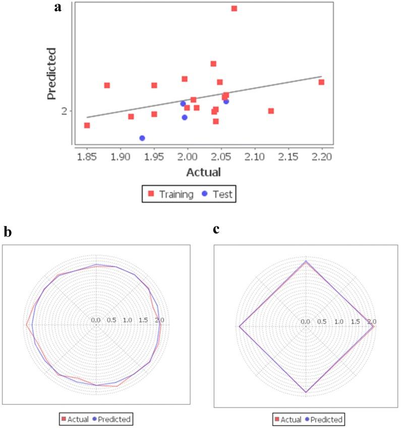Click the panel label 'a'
click(59, 8)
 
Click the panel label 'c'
click(216, 229)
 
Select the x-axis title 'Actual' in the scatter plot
click(204, 172)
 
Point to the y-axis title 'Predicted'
click(51, 74)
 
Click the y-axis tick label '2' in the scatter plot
click(64, 111)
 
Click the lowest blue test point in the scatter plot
click(142, 138)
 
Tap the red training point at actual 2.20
click(321, 82)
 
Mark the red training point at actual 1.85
click(87, 125)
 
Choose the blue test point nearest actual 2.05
click(226, 101)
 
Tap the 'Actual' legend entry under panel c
click(288, 419)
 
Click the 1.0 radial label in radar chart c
click(338, 322)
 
